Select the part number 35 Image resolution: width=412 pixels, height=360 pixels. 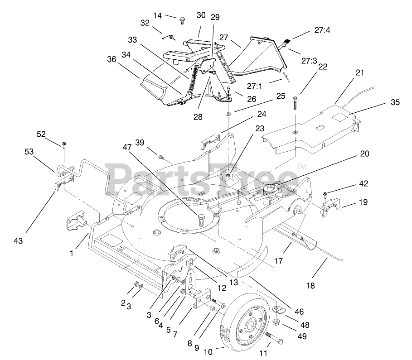[x=395, y=102]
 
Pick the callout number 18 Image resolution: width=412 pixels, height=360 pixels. [x=310, y=285]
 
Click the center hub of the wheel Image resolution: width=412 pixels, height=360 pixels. [x=251, y=324]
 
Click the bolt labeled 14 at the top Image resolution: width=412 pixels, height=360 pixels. [x=182, y=20]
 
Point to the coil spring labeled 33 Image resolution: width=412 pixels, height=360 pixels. [x=194, y=77]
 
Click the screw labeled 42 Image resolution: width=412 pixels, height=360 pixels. [x=325, y=195]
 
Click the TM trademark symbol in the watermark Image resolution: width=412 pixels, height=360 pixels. [x=301, y=166]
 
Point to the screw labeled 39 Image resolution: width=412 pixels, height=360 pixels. [x=161, y=157]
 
